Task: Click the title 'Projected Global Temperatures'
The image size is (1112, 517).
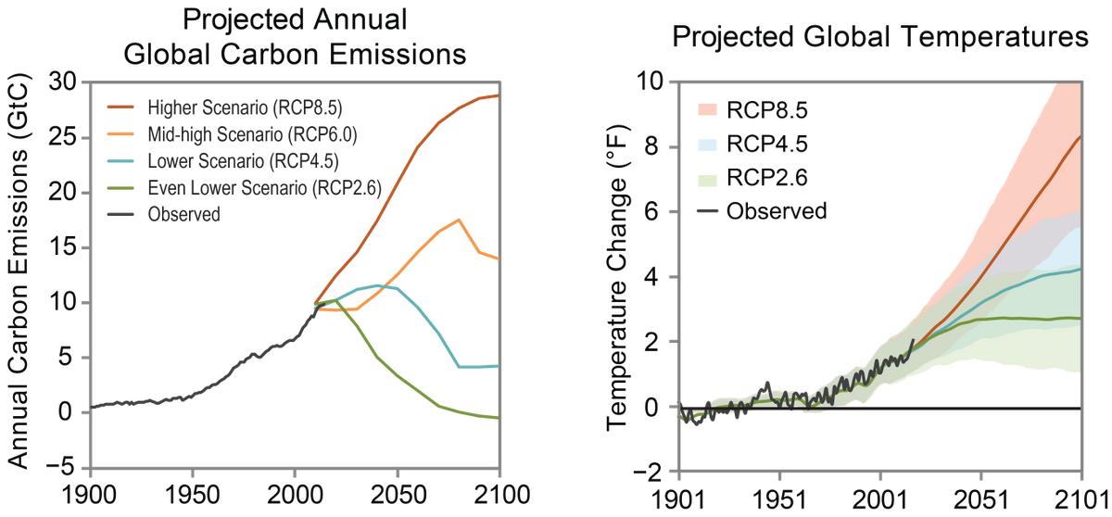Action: coord(880,37)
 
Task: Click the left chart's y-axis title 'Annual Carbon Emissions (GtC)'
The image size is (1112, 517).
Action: coord(19,271)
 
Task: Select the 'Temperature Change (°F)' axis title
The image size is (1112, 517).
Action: coord(617,277)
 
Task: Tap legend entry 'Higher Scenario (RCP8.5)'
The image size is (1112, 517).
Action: coord(246,107)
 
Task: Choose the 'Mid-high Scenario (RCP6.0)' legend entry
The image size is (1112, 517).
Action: coord(252,134)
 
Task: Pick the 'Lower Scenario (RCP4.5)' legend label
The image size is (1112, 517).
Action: coord(243,161)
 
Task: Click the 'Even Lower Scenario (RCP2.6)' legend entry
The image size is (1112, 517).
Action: coord(265,188)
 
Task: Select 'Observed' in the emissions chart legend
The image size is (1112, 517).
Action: coord(183,214)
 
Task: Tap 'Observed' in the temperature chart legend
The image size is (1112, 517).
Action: coord(777,211)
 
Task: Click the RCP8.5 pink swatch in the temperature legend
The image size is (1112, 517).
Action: coord(708,109)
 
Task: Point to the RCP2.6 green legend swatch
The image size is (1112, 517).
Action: coord(708,178)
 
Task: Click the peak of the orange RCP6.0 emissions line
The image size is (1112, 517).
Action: coord(460,220)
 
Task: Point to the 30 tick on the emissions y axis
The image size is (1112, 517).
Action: coord(63,82)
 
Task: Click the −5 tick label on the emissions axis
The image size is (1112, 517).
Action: coord(62,467)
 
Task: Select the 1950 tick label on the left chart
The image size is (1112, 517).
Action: coord(192,496)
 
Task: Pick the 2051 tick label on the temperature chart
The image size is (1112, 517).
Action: coord(981,500)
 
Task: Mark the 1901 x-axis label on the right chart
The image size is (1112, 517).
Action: coord(678,500)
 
